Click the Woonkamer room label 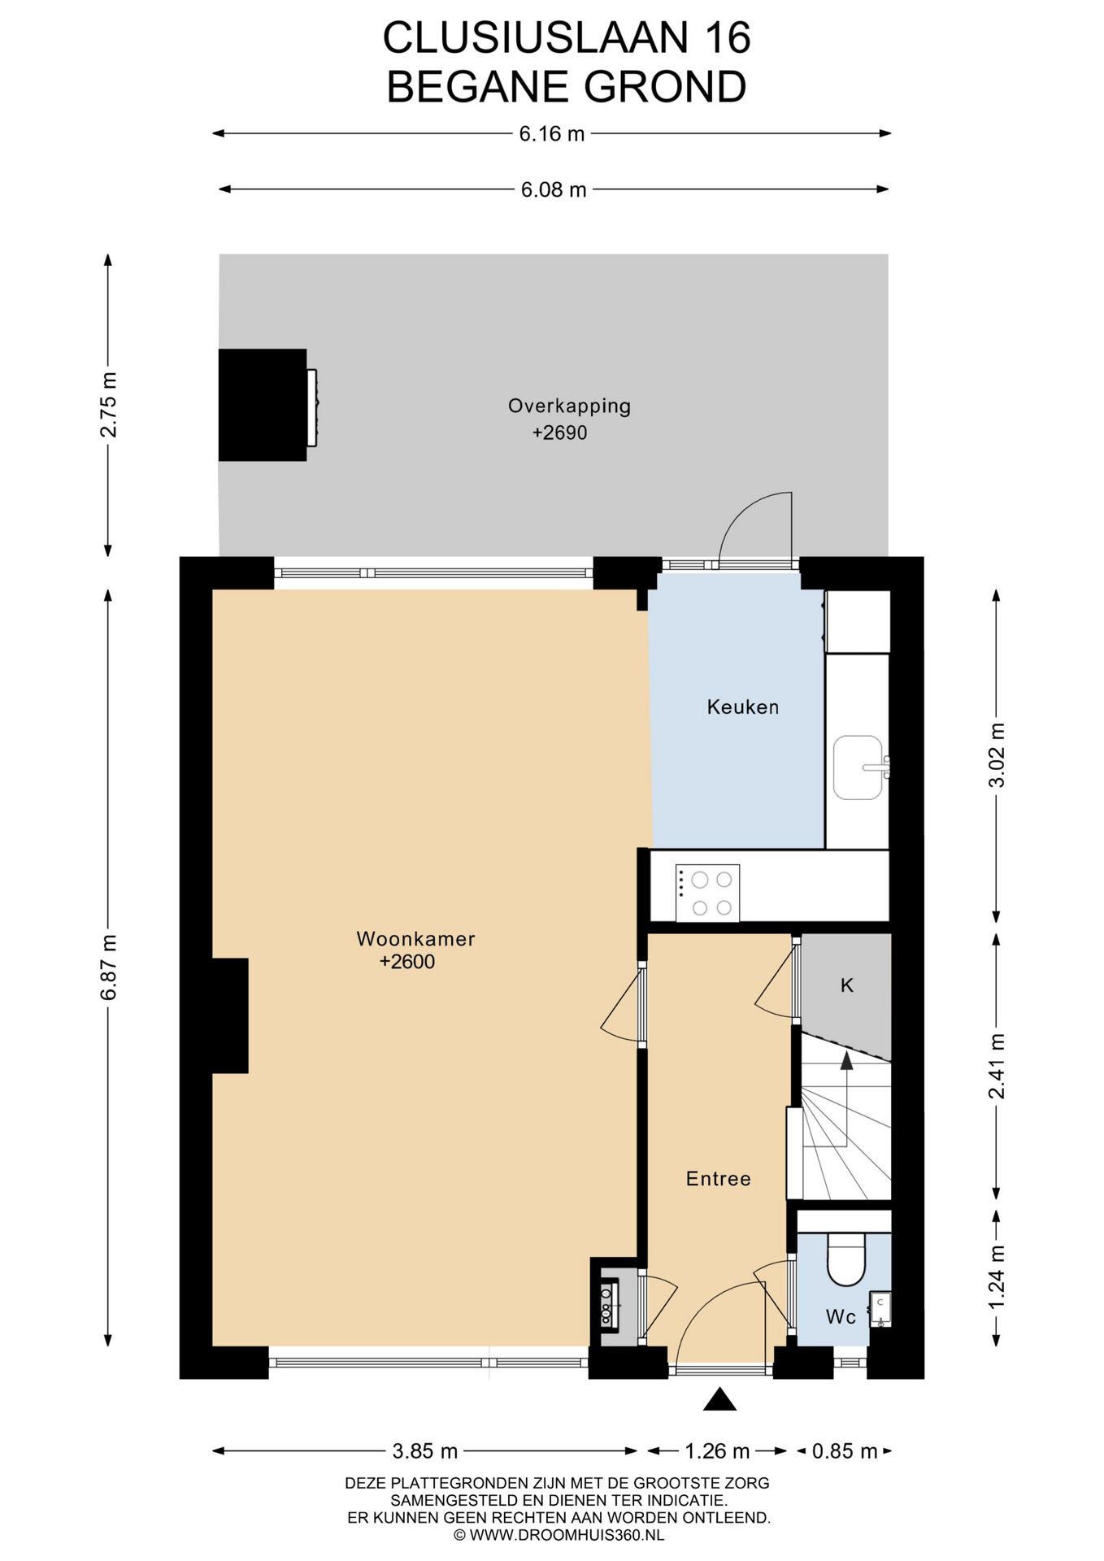[x=415, y=938]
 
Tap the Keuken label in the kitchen [x=742, y=707]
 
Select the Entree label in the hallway [x=718, y=1178]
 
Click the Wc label [x=841, y=1316]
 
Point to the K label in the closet [x=846, y=985]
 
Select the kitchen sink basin [x=857, y=767]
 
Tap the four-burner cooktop [x=708, y=893]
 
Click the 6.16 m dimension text [x=552, y=133]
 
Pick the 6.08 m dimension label [x=553, y=189]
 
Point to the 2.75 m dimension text [x=108, y=404]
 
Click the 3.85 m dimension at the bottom [x=424, y=1450]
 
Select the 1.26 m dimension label [x=716, y=1450]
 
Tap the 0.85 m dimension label [x=845, y=1450]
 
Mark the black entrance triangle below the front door [x=719, y=1399]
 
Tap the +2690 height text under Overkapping [x=559, y=433]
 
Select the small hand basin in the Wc [x=880, y=1307]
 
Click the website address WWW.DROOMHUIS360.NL [x=558, y=1535]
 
